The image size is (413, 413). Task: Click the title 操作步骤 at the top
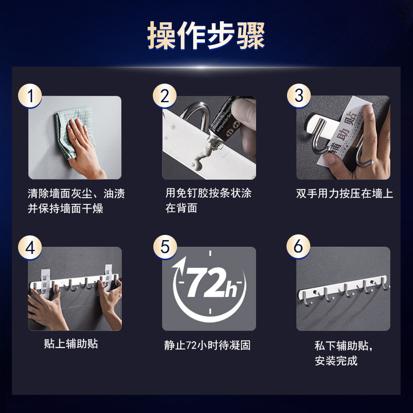206,35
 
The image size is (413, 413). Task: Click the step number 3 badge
299,97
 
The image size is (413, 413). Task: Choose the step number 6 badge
299,247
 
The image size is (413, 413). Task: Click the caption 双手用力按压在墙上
344,194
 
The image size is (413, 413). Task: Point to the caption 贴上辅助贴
71,344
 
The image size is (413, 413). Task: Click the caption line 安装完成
336,360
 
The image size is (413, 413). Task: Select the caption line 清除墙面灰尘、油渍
76,194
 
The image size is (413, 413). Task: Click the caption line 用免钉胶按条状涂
209,194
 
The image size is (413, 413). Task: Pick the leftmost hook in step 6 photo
306,296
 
